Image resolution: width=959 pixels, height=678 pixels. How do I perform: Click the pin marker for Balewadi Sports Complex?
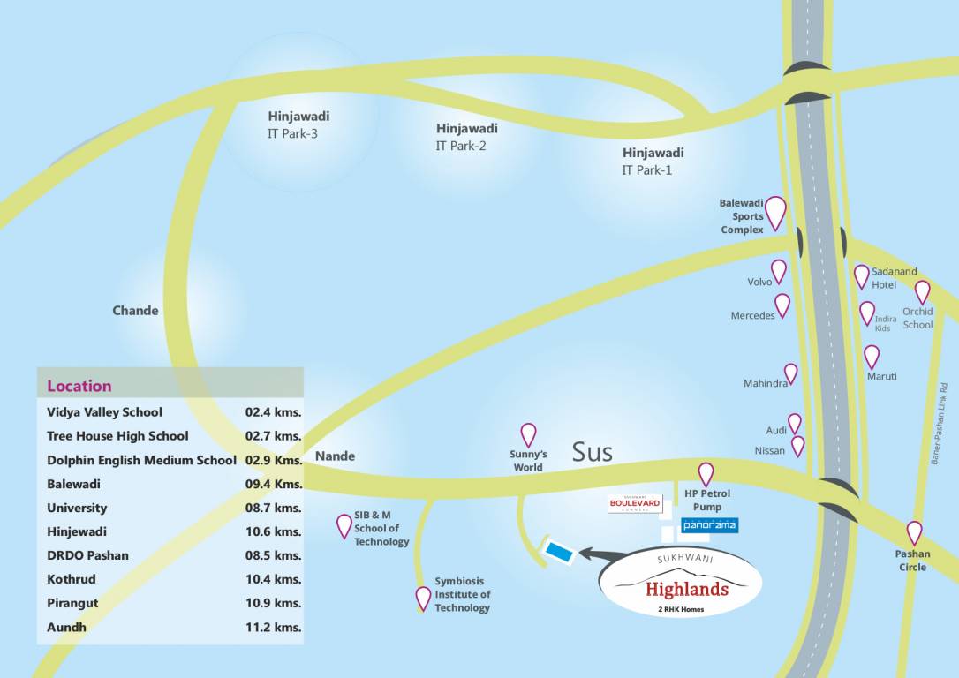pos(775,212)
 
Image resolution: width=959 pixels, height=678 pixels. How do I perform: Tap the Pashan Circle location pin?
pos(914,532)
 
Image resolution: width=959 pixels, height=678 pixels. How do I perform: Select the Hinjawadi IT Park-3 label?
pos(298,124)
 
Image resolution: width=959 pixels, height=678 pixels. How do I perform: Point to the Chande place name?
pos(135,311)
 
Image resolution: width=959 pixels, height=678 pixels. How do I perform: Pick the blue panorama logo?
pos(709,525)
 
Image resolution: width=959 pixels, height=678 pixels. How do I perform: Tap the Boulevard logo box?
pos(635,504)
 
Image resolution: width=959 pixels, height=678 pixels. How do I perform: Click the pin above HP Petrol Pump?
pos(706,473)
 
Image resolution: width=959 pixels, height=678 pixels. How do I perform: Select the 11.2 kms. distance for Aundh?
pos(274,628)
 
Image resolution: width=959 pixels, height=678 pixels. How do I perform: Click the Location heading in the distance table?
pos(79,386)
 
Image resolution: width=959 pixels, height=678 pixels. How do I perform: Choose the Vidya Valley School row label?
pos(104,412)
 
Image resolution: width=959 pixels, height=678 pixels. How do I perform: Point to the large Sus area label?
pos(592,452)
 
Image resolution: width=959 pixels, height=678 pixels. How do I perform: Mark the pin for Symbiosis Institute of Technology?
pos(423,599)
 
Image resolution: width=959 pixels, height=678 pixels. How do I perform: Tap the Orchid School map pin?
pos(922,291)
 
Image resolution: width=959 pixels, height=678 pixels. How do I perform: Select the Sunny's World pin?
pos(528,433)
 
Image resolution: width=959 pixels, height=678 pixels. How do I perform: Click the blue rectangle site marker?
pos(559,552)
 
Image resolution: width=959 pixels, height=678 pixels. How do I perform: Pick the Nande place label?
pos(335,456)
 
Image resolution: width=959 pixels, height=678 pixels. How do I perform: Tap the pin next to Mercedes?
pos(782,305)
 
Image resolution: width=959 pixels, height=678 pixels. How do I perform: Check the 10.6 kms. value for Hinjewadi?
pos(274,531)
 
